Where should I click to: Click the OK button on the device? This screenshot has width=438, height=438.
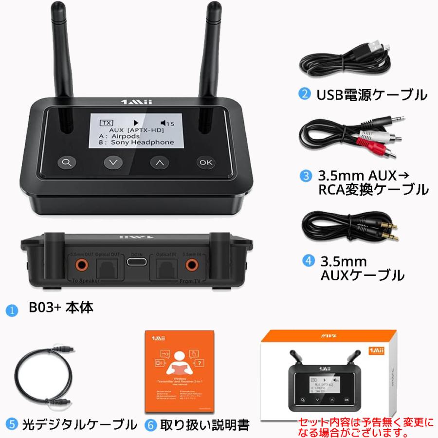coord(205,163)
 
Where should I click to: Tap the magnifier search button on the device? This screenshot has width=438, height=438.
coord(66,163)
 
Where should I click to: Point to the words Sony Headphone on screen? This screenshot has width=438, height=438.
coord(142,142)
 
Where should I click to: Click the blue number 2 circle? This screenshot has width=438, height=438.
coord(305,94)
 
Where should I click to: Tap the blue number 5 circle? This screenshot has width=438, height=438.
coord(12,425)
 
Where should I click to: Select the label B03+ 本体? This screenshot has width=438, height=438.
coord(61,308)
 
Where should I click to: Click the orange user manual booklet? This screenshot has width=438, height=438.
coord(180,370)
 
